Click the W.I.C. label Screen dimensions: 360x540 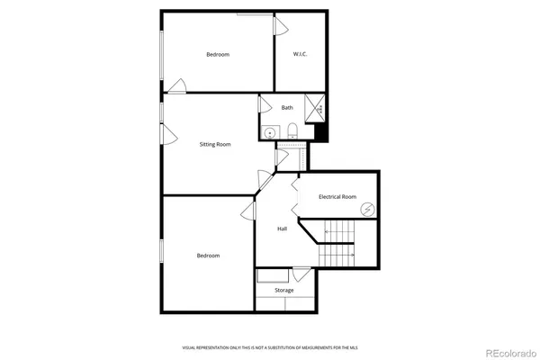[x=300, y=55]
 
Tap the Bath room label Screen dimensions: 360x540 [x=287, y=108]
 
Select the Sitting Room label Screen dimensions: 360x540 [x=215, y=144]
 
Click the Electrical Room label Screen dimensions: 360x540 [x=337, y=196]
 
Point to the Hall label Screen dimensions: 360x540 [x=282, y=229]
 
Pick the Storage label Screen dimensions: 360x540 [x=284, y=291]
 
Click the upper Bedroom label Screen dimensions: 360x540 [x=218, y=55]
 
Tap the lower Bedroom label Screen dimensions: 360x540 [x=208, y=256]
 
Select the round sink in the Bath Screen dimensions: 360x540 [x=268, y=132]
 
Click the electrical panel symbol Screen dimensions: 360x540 [x=367, y=209]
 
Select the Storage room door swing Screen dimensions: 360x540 [x=302, y=274]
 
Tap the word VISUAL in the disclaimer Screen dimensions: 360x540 [x=190, y=346]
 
